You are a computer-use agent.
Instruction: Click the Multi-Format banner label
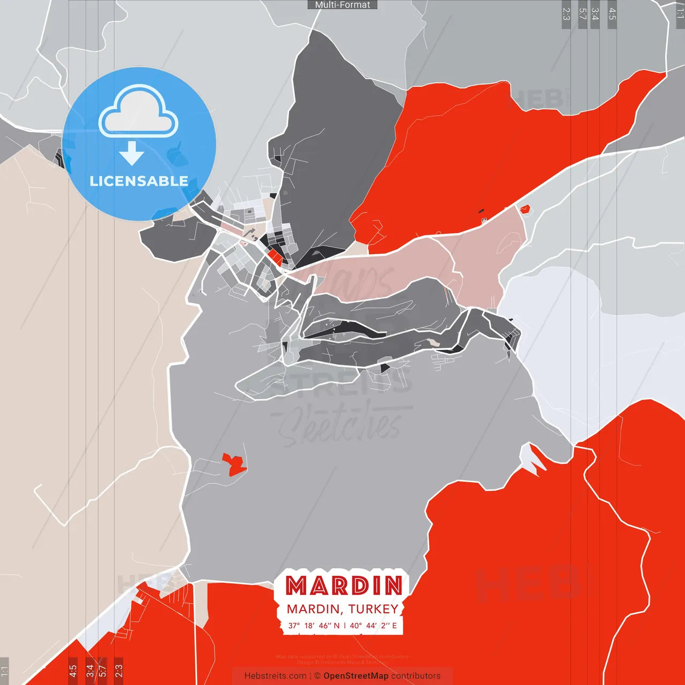pyautogui.click(x=342, y=5)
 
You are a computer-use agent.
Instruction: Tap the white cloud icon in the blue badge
pyautogui.click(x=139, y=113)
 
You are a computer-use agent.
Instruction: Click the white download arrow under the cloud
pyautogui.click(x=132, y=153)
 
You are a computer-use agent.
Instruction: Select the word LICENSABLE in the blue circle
pyautogui.click(x=139, y=181)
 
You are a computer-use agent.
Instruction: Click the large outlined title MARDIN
pyautogui.click(x=344, y=586)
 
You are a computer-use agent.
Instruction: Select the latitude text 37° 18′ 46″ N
pyautogui.click(x=314, y=626)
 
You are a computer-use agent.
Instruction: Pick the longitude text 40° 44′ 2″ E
pyautogui.click(x=374, y=626)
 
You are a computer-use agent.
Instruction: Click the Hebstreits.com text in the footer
pyautogui.click(x=275, y=676)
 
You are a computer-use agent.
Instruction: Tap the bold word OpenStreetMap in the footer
pyautogui.click(x=356, y=676)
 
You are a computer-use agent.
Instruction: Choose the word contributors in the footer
pyautogui.click(x=416, y=676)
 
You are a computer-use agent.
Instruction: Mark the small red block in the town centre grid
pyautogui.click(x=276, y=257)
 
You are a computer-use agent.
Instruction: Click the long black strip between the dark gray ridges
pyautogui.click(x=348, y=333)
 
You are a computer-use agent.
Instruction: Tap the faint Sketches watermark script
pyautogui.click(x=342, y=425)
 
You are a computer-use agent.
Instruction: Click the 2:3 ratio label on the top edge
pyautogui.click(x=566, y=14)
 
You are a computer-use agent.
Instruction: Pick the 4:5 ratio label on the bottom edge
pyautogui.click(x=73, y=669)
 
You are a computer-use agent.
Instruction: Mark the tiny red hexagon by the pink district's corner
pyautogui.click(x=524, y=209)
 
